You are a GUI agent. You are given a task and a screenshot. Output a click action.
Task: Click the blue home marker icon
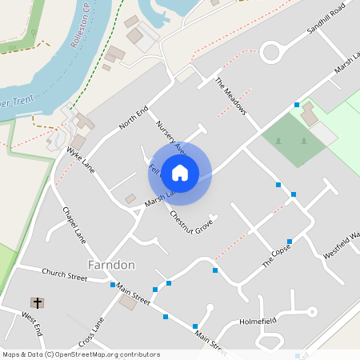180,173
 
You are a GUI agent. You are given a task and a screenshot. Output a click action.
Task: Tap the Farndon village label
110,264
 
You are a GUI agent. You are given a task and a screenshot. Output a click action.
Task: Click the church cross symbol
37,302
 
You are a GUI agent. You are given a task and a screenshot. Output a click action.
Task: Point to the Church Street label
65,276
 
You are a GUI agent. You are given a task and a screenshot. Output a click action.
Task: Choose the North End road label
134,118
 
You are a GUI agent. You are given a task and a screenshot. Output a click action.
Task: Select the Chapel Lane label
74,223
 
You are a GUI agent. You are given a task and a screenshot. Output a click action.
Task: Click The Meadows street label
230,95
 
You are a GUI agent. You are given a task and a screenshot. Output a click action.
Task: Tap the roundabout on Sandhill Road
272,54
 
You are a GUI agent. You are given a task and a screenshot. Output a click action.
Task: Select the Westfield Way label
342,244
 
